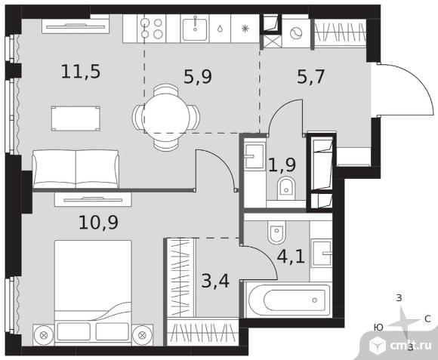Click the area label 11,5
(x=81, y=72)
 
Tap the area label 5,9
(x=198, y=77)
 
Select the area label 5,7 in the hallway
(x=310, y=77)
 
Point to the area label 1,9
(x=282, y=165)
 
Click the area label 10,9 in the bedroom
(x=98, y=223)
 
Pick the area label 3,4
(x=215, y=281)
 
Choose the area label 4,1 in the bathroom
(x=291, y=257)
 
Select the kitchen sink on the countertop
(x=195, y=29)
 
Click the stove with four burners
(x=151, y=29)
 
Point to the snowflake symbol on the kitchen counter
(x=245, y=29)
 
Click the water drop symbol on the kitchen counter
(x=220, y=29)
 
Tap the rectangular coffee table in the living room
(x=76, y=118)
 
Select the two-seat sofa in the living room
(x=76, y=169)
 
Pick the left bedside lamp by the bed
(x=43, y=335)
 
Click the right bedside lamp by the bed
(x=142, y=335)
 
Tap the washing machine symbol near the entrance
(x=296, y=33)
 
